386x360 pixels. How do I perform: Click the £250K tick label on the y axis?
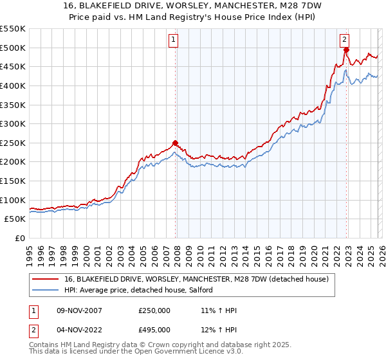click(13, 143)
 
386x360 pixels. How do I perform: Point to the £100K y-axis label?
click(13, 200)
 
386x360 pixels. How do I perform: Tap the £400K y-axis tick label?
click(13, 85)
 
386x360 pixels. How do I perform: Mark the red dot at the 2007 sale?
click(175, 143)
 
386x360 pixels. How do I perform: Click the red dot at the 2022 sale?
click(346, 50)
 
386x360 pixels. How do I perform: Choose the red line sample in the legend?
click(46, 279)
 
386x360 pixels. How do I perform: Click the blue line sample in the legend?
click(46, 291)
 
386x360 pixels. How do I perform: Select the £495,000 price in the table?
click(154, 330)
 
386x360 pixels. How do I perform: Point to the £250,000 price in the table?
click(154, 310)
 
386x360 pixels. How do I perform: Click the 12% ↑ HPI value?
click(219, 330)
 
